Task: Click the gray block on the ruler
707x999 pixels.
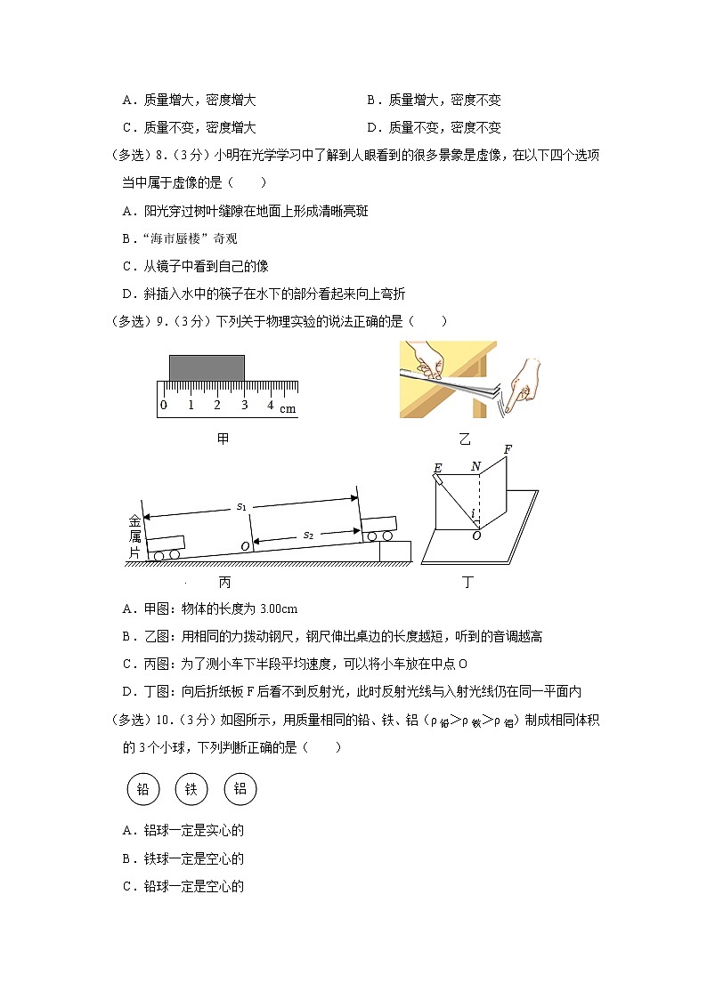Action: point(207,367)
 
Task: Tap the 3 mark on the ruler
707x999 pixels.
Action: point(243,406)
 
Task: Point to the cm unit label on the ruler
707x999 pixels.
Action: point(288,409)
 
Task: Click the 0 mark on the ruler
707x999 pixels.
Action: point(163,406)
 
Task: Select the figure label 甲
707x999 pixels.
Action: point(223,439)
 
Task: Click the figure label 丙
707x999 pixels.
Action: point(223,582)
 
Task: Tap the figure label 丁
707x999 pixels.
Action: point(468,582)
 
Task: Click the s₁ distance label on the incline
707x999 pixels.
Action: point(240,506)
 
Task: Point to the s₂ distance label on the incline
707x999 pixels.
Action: point(307,535)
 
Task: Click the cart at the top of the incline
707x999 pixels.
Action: point(379,528)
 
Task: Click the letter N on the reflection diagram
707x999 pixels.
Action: point(475,466)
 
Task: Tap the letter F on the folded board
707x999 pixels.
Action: point(508,449)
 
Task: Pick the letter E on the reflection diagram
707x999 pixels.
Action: point(437,469)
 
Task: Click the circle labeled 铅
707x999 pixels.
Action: point(142,788)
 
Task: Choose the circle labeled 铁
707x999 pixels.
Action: point(191,788)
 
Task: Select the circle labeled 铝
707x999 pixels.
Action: point(240,788)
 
